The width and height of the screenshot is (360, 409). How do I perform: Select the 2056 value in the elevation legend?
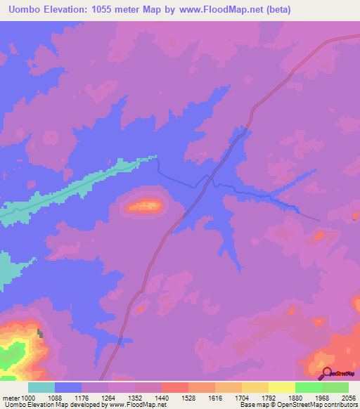tap(349, 397)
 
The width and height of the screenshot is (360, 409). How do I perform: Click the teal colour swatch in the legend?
tap(41, 387)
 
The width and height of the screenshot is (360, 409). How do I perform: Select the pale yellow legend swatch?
tap(281, 387)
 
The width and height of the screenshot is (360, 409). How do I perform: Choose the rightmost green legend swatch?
tap(335, 387)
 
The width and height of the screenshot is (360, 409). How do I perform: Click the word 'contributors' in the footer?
tap(341, 405)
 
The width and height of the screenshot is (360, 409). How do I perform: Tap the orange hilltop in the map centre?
tap(146, 206)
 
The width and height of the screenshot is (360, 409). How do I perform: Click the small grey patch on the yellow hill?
tap(40, 334)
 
